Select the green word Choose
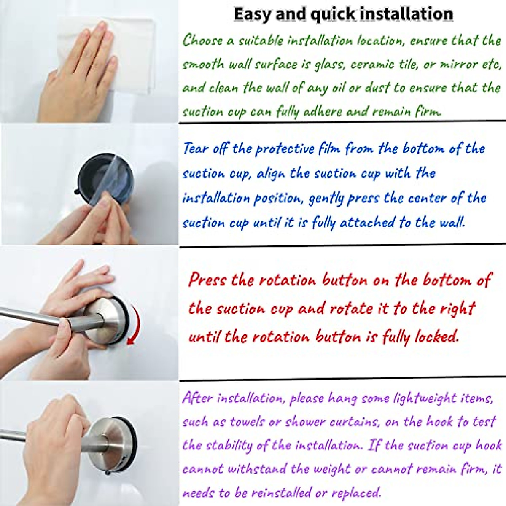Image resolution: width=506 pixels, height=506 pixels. pos(202,40)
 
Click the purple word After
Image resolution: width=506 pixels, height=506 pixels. pos(197,398)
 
